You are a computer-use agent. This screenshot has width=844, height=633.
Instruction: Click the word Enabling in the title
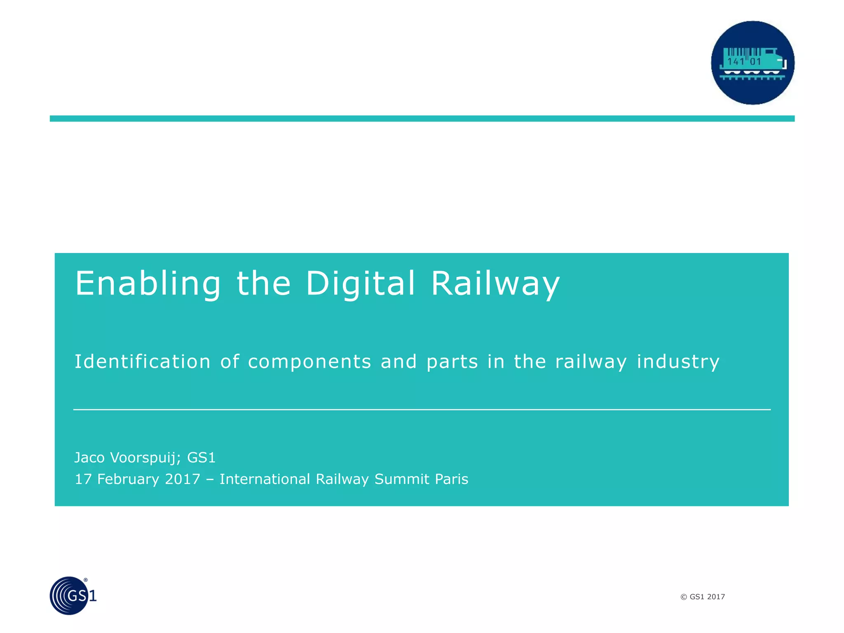point(148,284)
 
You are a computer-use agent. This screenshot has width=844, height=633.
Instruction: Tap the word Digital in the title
point(360,284)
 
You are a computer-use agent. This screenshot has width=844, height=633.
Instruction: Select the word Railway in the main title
point(495,284)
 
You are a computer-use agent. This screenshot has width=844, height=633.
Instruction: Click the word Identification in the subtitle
point(142,361)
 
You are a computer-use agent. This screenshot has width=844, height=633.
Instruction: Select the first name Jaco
point(89,457)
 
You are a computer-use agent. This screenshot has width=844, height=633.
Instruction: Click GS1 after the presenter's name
point(201,457)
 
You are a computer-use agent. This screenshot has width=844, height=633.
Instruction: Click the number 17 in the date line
point(82,479)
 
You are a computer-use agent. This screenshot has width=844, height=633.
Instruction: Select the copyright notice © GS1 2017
point(702,597)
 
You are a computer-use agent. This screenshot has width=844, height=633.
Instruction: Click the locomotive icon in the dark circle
point(752,63)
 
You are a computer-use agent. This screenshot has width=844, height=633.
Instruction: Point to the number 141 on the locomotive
point(736,62)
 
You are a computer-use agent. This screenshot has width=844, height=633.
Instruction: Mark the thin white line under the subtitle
point(422,410)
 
